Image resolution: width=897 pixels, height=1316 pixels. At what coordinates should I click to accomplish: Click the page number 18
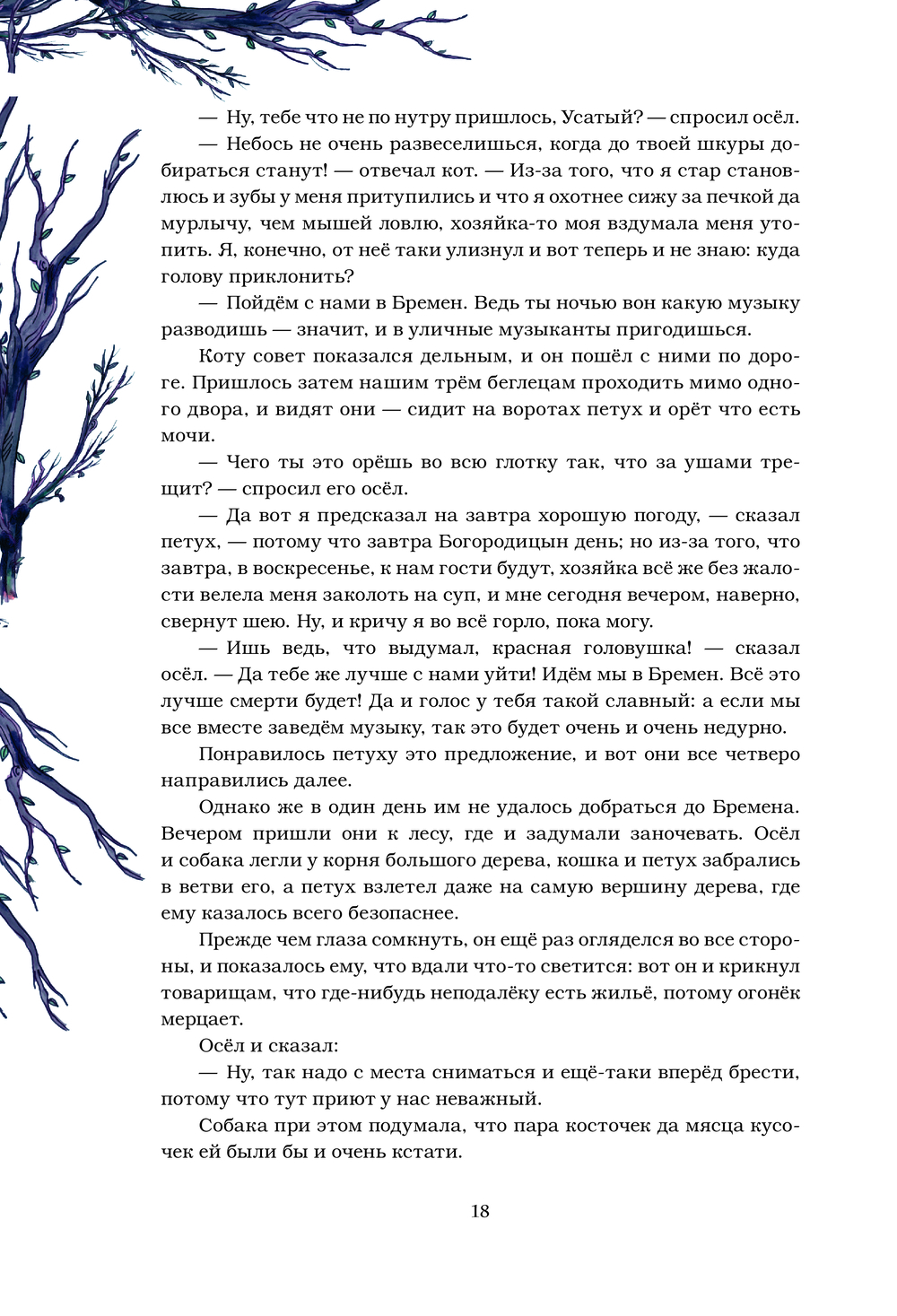click(x=480, y=1211)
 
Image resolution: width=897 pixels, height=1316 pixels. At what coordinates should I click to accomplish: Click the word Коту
click(x=222, y=356)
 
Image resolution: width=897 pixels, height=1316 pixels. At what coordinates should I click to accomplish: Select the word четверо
click(x=757, y=754)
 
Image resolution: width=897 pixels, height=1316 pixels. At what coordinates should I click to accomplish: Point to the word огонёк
click(x=761, y=993)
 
